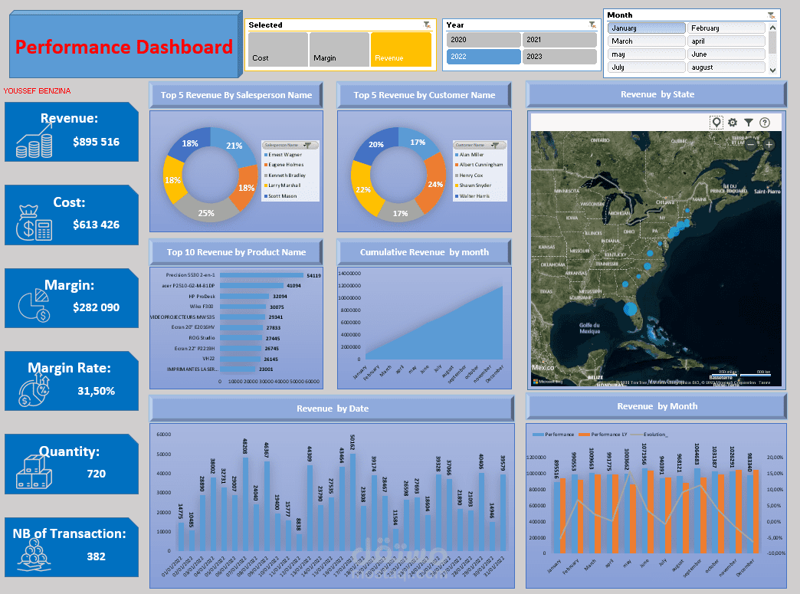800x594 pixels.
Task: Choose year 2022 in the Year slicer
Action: pyautogui.click(x=482, y=57)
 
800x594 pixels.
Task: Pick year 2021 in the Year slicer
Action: pyautogui.click(x=559, y=40)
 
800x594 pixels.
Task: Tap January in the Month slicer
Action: pyautogui.click(x=646, y=28)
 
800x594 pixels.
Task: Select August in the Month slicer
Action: pyautogui.click(x=725, y=67)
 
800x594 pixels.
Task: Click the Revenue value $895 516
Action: pyautogui.click(x=96, y=142)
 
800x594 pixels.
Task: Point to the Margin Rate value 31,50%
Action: pyautogui.click(x=96, y=391)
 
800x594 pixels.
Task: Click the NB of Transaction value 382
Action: pyautogui.click(x=96, y=556)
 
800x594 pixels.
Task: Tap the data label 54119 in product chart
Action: pyautogui.click(x=313, y=275)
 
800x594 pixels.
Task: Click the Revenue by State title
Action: pyautogui.click(x=657, y=94)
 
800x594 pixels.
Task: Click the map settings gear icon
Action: pyautogui.click(x=733, y=123)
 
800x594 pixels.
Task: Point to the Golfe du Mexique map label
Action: pyautogui.click(x=589, y=327)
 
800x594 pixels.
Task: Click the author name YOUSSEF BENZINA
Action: pyautogui.click(x=37, y=91)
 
